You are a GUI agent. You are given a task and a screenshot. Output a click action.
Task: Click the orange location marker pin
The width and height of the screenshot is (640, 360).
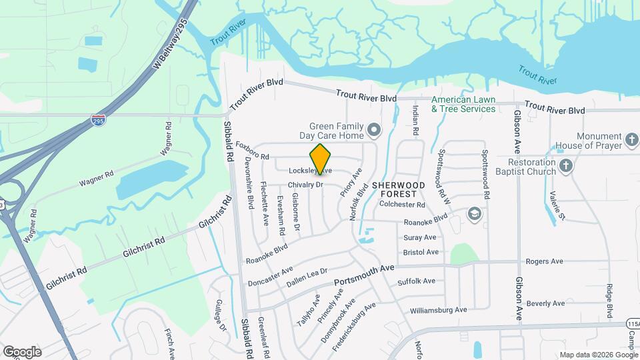tap(321, 159)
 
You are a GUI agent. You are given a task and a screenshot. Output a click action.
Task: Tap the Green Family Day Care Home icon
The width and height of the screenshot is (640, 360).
tap(374, 130)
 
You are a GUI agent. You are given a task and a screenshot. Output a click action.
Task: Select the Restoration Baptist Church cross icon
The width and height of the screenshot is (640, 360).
tap(565, 166)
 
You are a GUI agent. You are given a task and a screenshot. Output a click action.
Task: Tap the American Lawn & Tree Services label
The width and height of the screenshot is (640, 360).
tap(463, 104)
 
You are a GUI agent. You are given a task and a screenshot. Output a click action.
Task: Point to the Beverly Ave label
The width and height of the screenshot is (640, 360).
tap(545, 303)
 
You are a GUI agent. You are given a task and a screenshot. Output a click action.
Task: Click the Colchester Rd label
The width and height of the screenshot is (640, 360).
tap(403, 205)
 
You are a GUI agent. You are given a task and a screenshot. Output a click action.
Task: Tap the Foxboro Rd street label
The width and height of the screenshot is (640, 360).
tap(252, 151)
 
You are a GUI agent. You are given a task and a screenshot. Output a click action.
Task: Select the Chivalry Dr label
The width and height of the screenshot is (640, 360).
tap(305, 184)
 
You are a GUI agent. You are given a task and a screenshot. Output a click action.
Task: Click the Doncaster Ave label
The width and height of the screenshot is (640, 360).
tap(269, 275)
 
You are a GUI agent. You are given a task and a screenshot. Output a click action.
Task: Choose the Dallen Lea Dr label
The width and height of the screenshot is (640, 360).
tap(307, 277)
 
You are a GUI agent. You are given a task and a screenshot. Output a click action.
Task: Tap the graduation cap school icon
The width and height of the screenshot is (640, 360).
tap(474, 213)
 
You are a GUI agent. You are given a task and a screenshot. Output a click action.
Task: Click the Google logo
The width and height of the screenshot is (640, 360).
tap(22, 351)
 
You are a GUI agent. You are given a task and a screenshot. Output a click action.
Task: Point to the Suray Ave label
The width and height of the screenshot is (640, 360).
tap(420, 237)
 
